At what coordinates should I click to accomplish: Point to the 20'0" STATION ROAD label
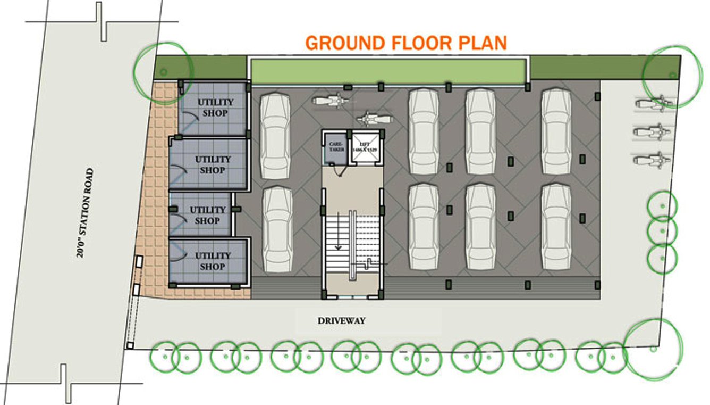pyautogui.click(x=85, y=213)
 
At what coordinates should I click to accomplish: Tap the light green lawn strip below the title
pyautogui.click(x=388, y=71)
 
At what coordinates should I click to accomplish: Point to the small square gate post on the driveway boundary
pyautogui.click(x=129, y=346)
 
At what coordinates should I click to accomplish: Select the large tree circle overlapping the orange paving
pyautogui.click(x=163, y=71)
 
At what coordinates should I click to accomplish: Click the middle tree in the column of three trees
pyautogui.click(x=663, y=230)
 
